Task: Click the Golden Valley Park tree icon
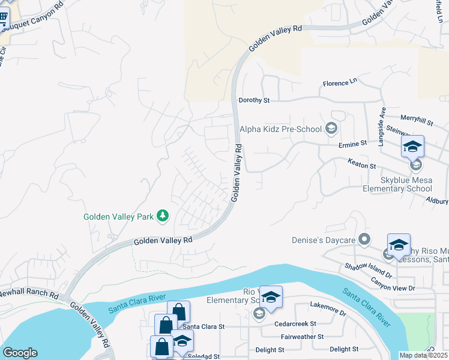[x=161, y=215]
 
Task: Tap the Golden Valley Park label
[x=118, y=215]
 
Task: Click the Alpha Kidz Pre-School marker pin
[x=330, y=128]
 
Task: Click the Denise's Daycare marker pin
[x=364, y=240]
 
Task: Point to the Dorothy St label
[x=255, y=100]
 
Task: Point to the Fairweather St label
[x=302, y=337]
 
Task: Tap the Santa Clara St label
[x=203, y=327]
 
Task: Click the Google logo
[x=20, y=353]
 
